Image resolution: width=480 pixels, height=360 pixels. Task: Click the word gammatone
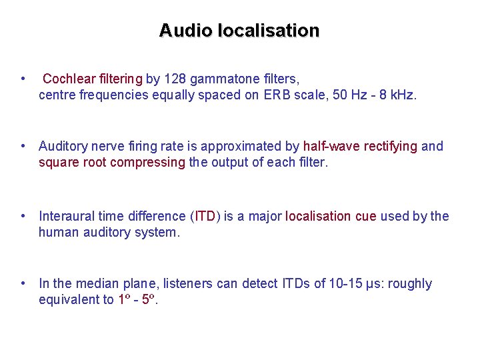click(223, 79)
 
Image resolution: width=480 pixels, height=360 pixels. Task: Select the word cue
click(365, 216)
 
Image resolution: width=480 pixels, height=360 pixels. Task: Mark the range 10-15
click(346, 283)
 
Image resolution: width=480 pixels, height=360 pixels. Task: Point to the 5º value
click(149, 299)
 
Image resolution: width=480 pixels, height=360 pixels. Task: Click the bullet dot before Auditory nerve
click(23, 146)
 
